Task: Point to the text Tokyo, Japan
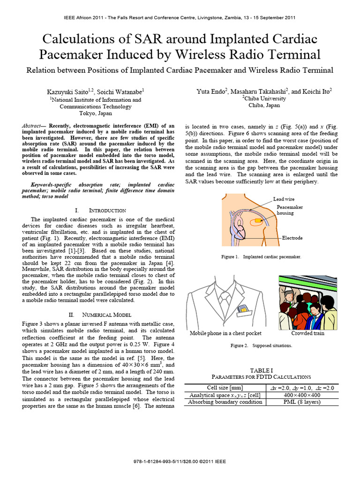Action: click(96, 113)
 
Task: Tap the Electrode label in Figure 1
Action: click(292, 238)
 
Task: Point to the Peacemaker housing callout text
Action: click(290, 210)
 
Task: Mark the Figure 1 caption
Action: click(261, 257)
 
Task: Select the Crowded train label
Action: click(307, 333)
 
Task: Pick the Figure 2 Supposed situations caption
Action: click(261, 345)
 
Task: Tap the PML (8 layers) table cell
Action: click(302, 402)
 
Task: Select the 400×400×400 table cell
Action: click(302, 395)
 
